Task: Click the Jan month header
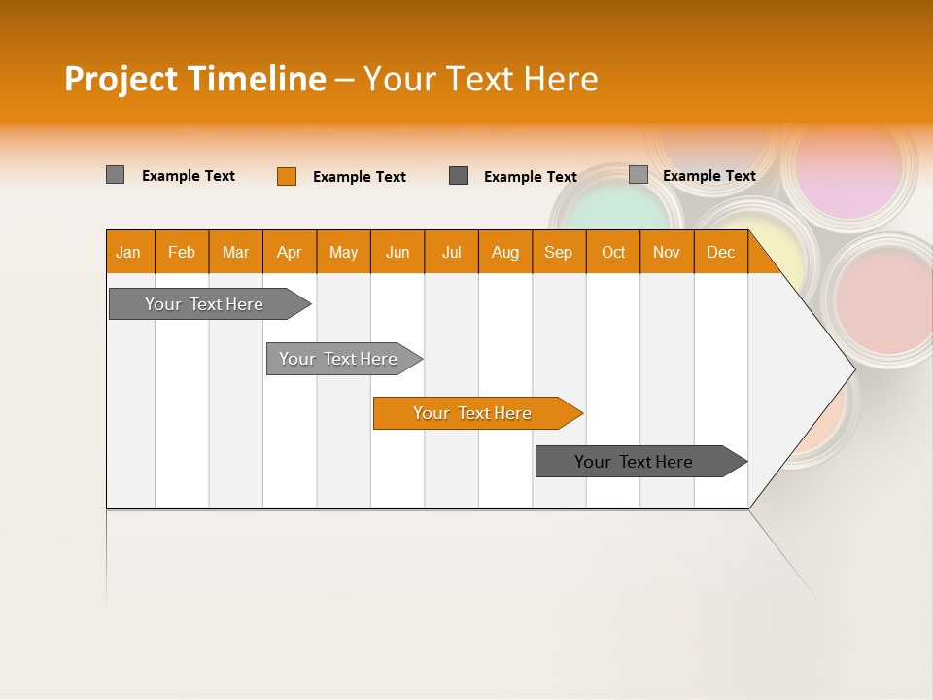pyautogui.click(x=128, y=252)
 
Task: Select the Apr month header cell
pyautogui.click(x=289, y=252)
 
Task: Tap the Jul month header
pyautogui.click(x=451, y=252)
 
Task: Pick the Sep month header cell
pyautogui.click(x=558, y=252)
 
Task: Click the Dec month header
pyautogui.click(x=720, y=252)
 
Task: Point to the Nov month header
pyautogui.click(x=666, y=252)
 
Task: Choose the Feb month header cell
pyautogui.click(x=182, y=252)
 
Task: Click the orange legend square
pyautogui.click(x=287, y=176)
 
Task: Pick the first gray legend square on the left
pyautogui.click(x=115, y=175)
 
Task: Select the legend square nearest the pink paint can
pyautogui.click(x=638, y=175)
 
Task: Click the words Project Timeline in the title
pyautogui.click(x=194, y=79)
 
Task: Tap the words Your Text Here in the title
pyautogui.click(x=480, y=79)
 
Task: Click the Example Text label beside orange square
pyautogui.click(x=359, y=177)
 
